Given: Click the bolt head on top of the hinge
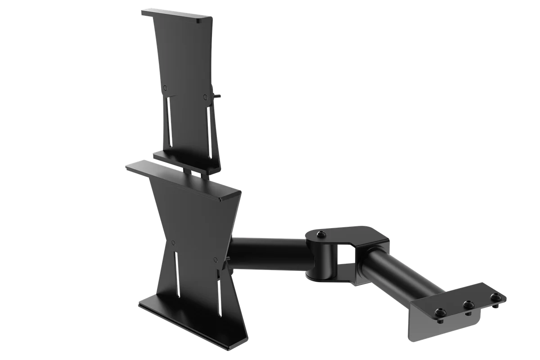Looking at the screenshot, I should (x=320, y=235).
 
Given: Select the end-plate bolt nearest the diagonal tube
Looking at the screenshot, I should (x=440, y=311).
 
